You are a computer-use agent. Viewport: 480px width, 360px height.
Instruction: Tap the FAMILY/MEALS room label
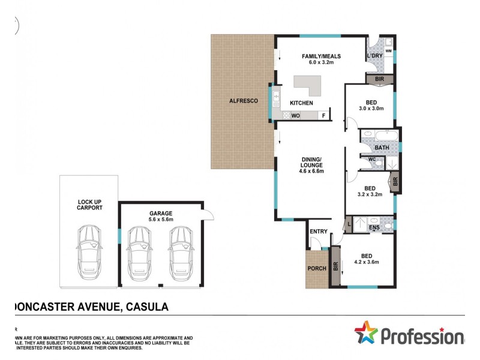point(321,56)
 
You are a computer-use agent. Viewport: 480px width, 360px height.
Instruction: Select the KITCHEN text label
point(302,103)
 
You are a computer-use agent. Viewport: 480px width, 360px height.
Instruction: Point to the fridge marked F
point(324,116)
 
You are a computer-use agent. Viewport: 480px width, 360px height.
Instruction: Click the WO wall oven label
point(296,116)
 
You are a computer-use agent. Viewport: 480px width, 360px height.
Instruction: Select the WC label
point(371,160)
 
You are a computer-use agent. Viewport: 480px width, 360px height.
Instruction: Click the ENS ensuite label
point(374,227)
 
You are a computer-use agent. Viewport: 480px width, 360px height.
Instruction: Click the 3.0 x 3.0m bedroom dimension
point(371,109)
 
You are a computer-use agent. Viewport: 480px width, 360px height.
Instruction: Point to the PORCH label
point(316,268)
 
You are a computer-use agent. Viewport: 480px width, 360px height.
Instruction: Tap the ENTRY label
point(318,232)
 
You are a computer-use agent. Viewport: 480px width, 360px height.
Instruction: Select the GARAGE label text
point(161,213)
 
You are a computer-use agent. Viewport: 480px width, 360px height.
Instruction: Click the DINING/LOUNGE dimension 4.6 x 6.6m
point(312,172)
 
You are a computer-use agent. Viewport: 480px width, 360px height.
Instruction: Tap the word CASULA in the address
point(146,307)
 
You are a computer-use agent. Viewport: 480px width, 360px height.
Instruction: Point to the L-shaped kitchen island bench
point(310,86)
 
